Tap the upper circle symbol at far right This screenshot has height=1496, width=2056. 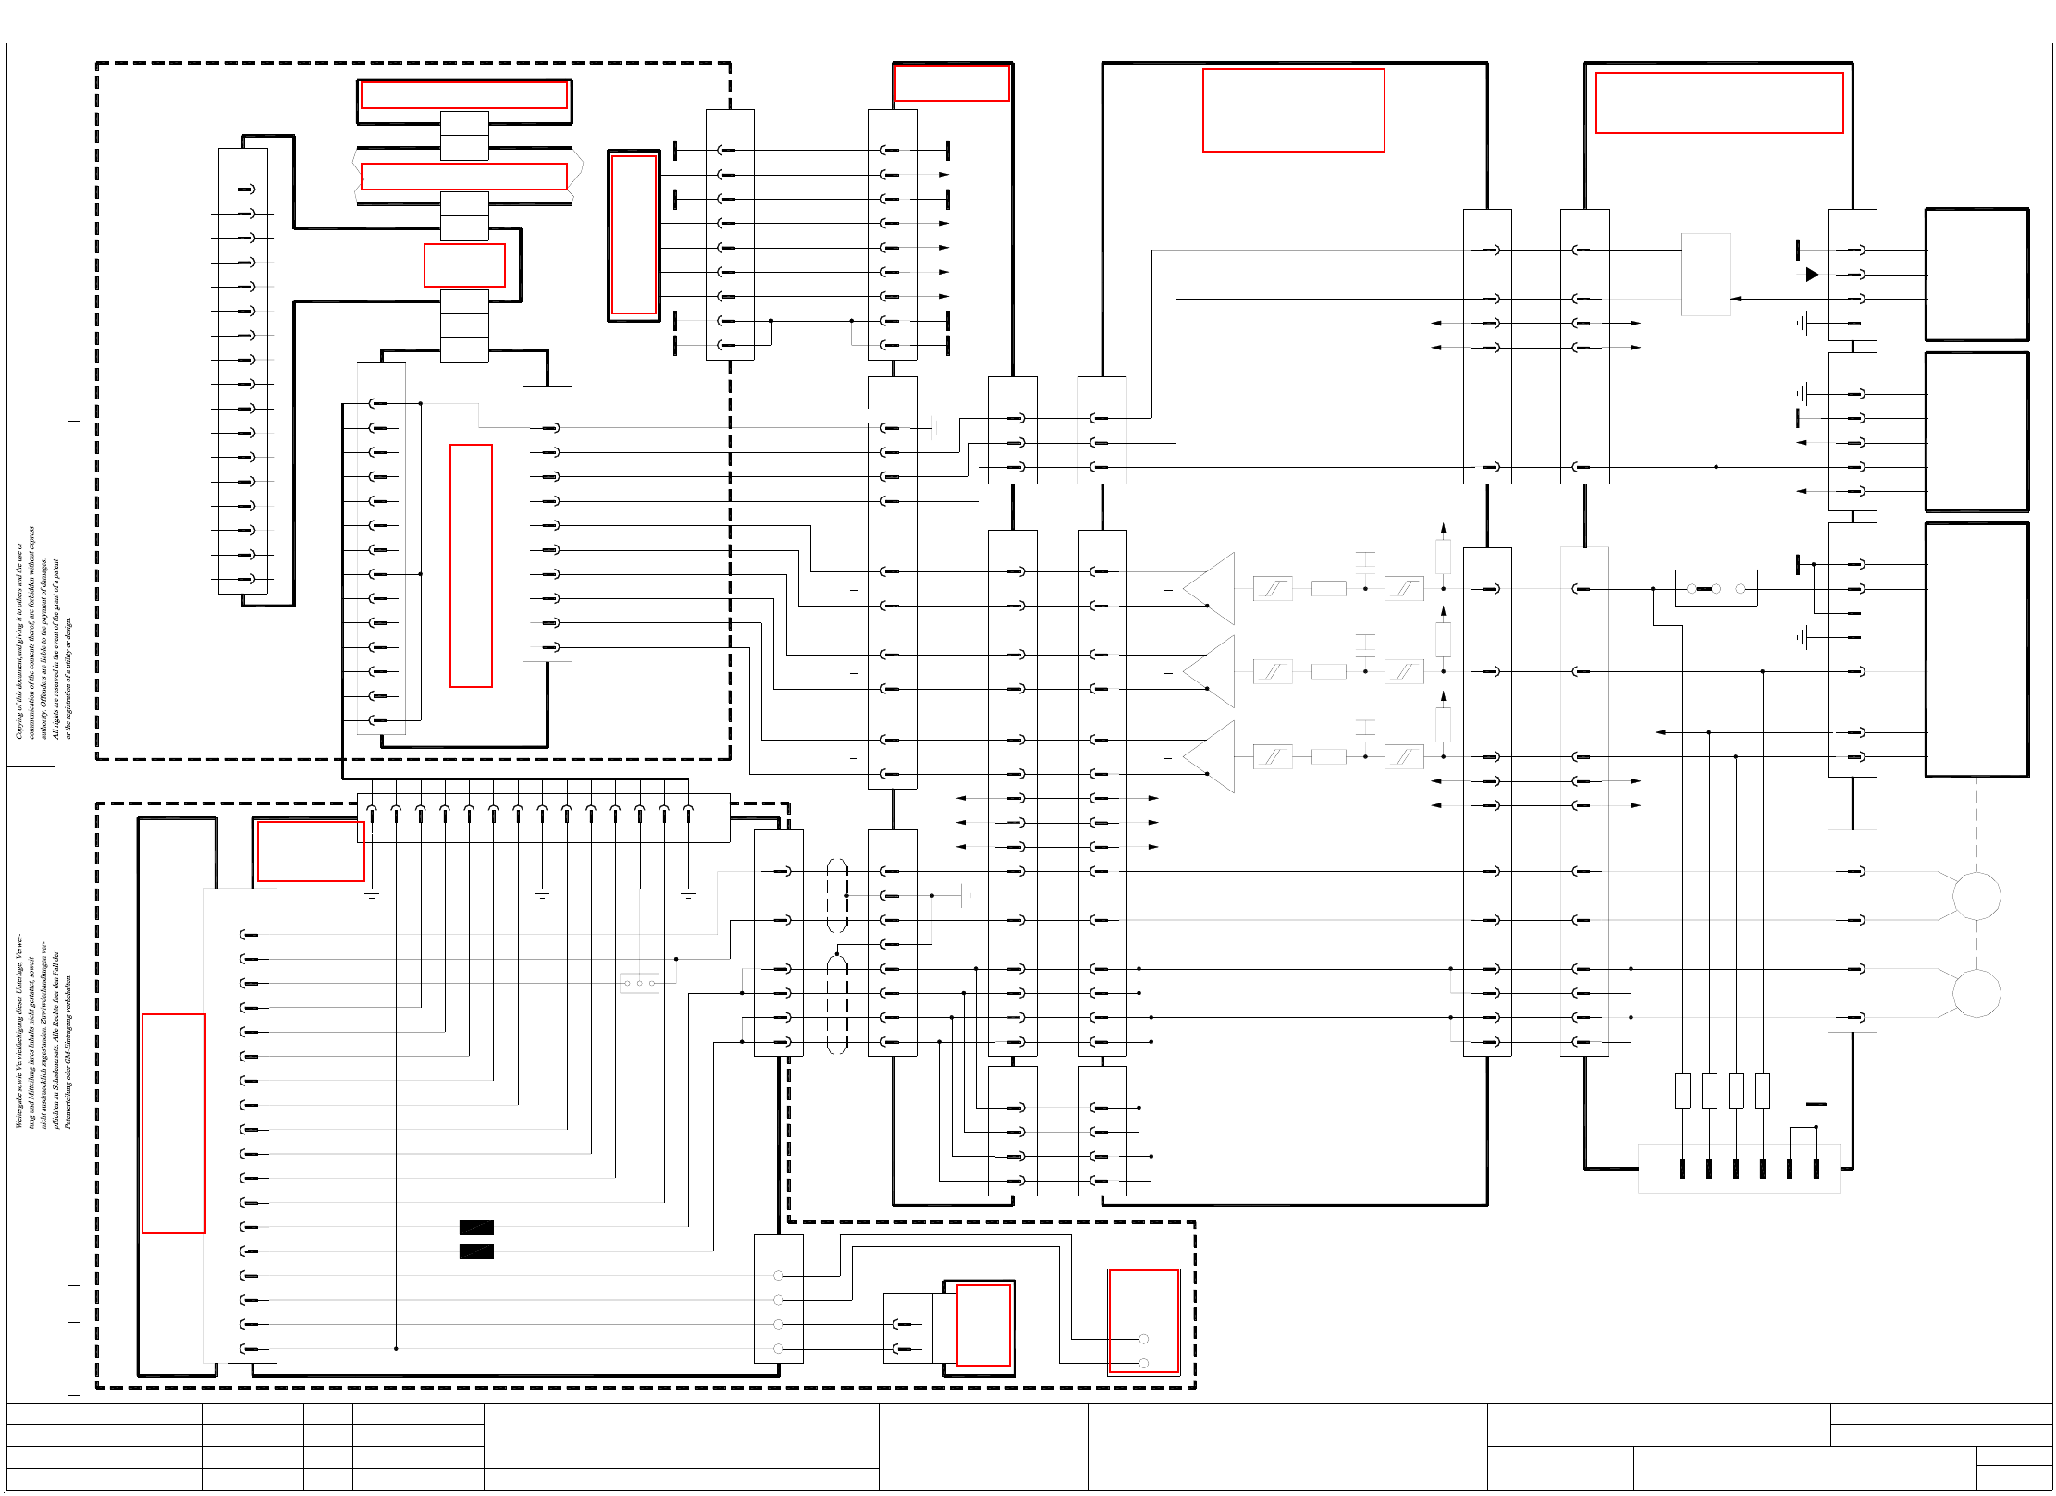(1976, 895)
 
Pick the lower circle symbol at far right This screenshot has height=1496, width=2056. (1976, 993)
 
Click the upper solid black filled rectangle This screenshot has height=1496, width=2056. (476, 1227)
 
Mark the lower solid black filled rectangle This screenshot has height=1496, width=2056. (476, 1251)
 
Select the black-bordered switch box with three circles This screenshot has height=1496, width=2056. (1716, 588)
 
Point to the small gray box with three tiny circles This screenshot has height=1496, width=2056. (639, 983)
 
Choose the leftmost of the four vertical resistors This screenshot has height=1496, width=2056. (1682, 1090)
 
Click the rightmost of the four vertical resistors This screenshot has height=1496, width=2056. (1763, 1090)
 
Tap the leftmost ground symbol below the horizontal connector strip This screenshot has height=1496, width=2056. (371, 893)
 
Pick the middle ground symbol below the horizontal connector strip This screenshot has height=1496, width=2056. (542, 893)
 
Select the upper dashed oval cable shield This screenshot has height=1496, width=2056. (837, 895)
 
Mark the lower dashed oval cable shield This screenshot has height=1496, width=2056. (837, 1005)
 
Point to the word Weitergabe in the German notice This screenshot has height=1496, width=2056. (18, 1106)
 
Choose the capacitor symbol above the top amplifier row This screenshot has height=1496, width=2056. (1365, 560)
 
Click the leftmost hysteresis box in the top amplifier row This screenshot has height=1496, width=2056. (1273, 588)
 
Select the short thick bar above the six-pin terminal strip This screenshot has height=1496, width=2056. (1816, 1104)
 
